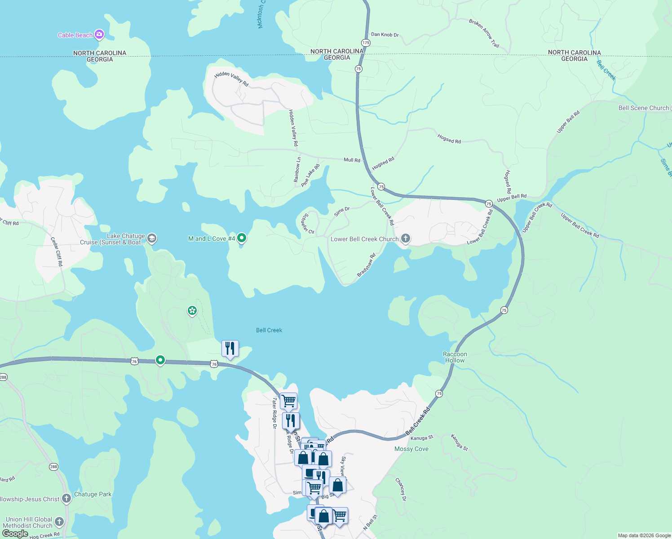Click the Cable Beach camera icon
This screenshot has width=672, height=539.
click(99, 35)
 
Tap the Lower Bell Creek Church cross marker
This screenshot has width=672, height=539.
click(405, 239)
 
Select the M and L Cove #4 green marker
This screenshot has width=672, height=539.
click(242, 238)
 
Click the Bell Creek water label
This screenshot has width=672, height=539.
click(269, 330)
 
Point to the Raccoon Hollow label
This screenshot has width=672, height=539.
click(455, 357)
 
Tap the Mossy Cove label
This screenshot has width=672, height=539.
click(411, 449)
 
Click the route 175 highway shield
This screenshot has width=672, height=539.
click(366, 43)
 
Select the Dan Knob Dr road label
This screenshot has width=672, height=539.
click(385, 35)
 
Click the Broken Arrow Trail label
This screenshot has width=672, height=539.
click(484, 33)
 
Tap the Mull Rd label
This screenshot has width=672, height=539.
click(352, 160)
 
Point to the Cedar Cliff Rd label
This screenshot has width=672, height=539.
click(57, 252)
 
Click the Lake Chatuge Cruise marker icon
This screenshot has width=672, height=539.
click(152, 239)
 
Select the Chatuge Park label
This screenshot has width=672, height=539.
click(93, 494)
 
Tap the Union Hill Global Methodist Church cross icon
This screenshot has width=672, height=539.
click(59, 522)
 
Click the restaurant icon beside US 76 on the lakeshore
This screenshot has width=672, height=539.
click(230, 349)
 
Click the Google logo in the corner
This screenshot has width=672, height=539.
click(15, 534)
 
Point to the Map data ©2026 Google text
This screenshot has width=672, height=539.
click(644, 535)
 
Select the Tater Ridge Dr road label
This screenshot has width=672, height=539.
click(274, 413)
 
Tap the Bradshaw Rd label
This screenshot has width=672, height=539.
click(366, 265)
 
